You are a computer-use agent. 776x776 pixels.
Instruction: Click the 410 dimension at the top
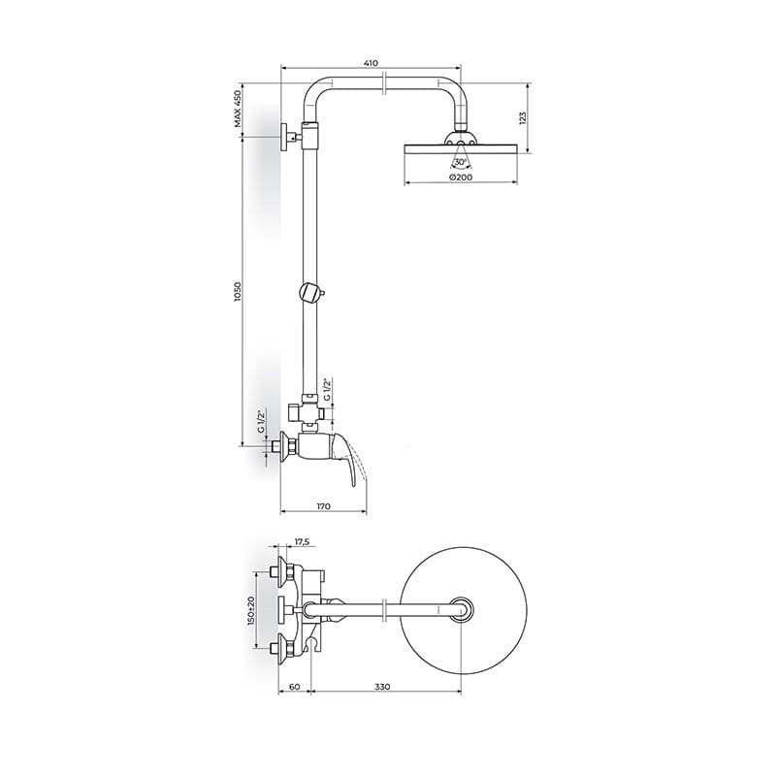pos(370,63)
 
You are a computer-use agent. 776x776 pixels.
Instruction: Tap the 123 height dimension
pos(521,116)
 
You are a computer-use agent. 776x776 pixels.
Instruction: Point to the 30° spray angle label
pos(460,162)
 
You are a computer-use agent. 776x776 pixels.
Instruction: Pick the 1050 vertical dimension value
pos(237,291)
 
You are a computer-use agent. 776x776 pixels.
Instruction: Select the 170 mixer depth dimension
pos(324,505)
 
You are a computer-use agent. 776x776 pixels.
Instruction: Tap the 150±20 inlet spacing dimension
pos(251,610)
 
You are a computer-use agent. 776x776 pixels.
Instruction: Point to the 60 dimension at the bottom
pos(294,687)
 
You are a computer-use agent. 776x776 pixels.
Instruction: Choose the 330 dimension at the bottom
pos(382,687)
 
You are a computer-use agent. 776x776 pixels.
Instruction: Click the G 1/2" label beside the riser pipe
pos(327,390)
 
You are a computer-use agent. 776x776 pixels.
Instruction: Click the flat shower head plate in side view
pos(462,147)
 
